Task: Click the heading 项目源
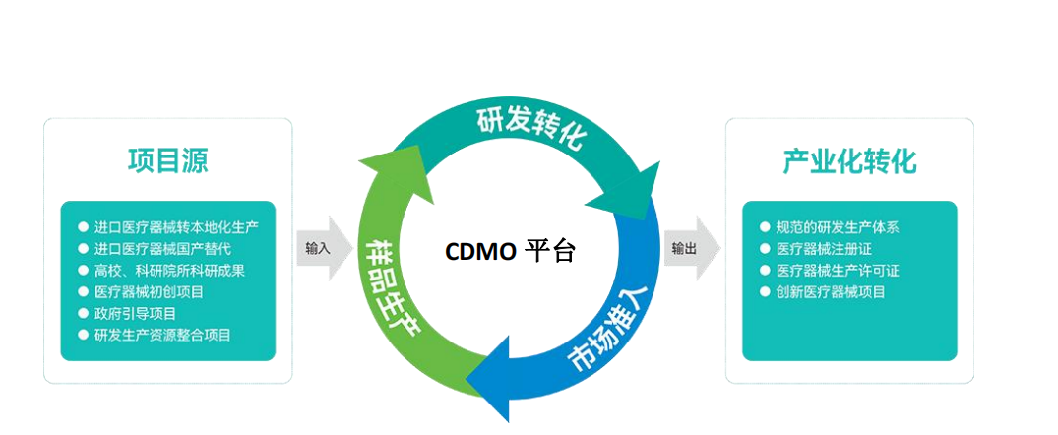[167, 160]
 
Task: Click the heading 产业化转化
[849, 161]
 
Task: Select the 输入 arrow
[321, 249]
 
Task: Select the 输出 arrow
[689, 249]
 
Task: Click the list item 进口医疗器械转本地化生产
[176, 226]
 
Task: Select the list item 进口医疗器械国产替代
[162, 248]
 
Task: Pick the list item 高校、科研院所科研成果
[169, 270]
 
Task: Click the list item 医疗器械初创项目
[149, 291]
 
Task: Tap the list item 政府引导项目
[135, 313]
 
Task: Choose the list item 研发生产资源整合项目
[162, 335]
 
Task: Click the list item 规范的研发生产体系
[838, 226]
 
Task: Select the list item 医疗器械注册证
[824, 248]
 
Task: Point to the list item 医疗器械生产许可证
[838, 270]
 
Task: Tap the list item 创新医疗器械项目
[831, 291]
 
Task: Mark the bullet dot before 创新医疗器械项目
[766, 291]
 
